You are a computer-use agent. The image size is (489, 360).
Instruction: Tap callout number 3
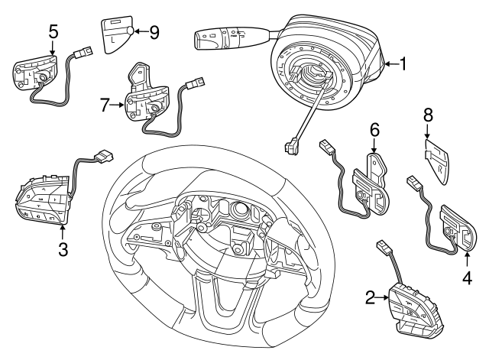tap(63, 248)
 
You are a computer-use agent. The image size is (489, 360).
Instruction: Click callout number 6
tap(374, 130)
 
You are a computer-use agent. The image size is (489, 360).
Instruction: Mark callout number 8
tap(428, 115)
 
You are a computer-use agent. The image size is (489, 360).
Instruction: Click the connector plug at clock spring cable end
tap(291, 144)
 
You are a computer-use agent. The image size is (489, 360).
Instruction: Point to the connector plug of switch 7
tap(198, 82)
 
